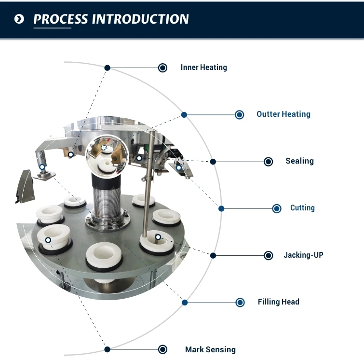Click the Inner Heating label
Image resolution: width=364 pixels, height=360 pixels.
click(x=203, y=68)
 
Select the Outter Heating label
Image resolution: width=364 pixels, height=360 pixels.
click(x=283, y=114)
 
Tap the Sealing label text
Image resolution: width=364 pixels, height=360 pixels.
click(x=299, y=161)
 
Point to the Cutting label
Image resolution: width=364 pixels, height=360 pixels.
click(x=302, y=208)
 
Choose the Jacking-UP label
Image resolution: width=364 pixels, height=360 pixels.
click(x=303, y=255)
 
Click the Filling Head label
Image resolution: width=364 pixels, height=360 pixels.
click(x=278, y=302)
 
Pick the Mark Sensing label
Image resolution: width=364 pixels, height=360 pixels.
click(x=210, y=349)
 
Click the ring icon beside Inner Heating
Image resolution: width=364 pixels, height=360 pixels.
click(x=163, y=68)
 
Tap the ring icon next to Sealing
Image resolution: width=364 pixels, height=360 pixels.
click(x=269, y=162)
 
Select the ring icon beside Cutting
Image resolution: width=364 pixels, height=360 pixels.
click(x=277, y=208)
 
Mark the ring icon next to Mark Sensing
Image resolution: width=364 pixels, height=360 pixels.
click(x=163, y=349)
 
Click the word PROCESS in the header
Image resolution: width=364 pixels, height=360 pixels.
click(x=61, y=19)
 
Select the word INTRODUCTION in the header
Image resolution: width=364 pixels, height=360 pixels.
click(x=140, y=19)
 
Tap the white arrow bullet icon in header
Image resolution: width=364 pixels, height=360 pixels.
click(x=19, y=19)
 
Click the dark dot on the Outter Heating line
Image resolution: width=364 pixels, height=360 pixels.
click(x=184, y=115)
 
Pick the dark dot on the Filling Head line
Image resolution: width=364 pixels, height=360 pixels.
click(x=185, y=303)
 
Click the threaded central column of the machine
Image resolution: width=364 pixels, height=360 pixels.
click(x=105, y=198)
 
